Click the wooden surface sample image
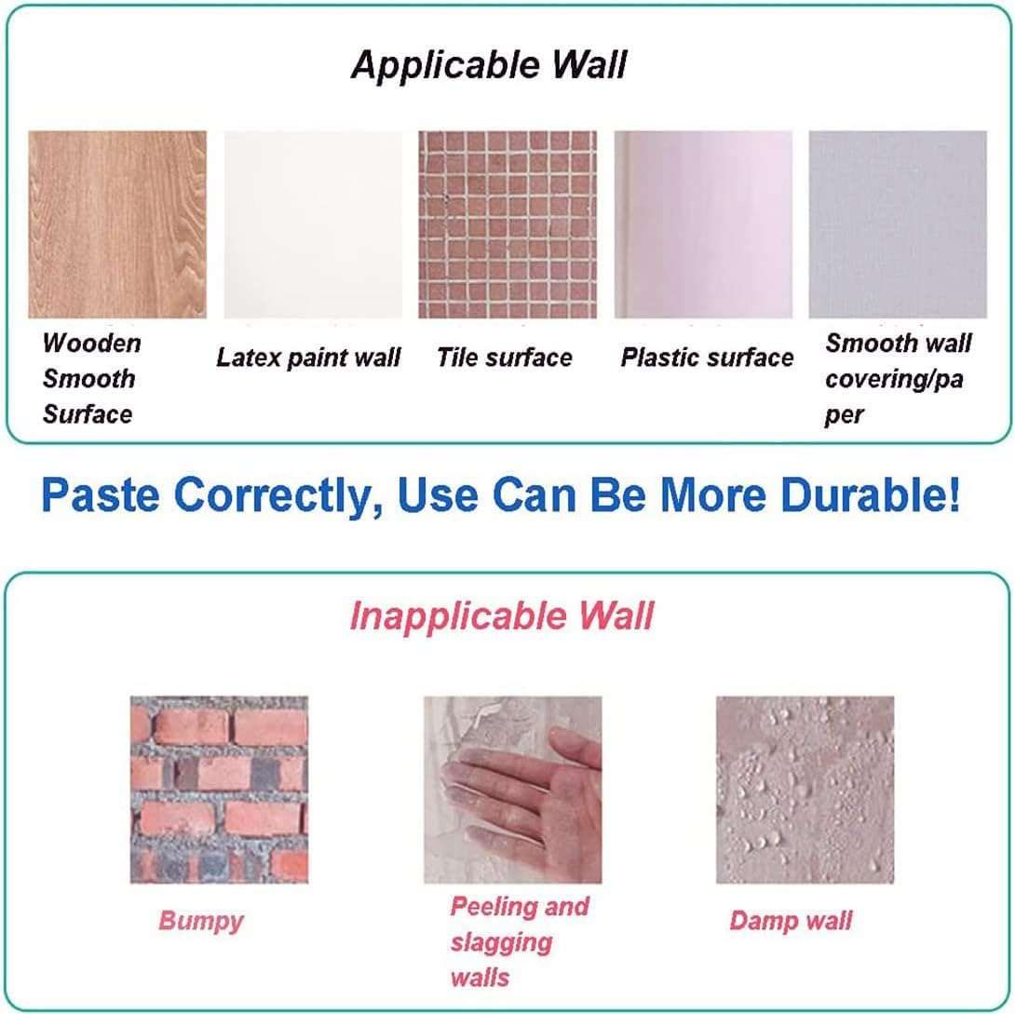pos(117,224)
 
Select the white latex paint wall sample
pos(313,224)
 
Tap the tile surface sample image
pos(507,224)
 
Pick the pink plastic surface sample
pos(703,224)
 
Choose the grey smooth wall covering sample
pos(898,224)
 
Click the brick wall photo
pos(219,790)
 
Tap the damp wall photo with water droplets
pos(805,790)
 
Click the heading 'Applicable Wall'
pos(489,64)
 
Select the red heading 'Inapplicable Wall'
pos(502,615)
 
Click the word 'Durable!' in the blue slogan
pos(870,495)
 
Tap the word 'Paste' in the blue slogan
pos(101,495)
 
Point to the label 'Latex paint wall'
pos(309,358)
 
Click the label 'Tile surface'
pos(505,358)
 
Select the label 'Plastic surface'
pos(707,358)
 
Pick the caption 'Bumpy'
pos(201,921)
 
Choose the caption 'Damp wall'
pos(791,921)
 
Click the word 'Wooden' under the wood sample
pos(92,343)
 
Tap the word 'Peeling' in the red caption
pos(494,907)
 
